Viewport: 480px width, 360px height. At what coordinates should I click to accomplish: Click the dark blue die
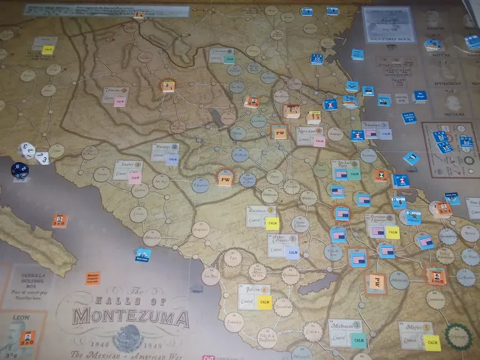(17, 169)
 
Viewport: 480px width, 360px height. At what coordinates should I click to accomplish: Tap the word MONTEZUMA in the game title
(131, 317)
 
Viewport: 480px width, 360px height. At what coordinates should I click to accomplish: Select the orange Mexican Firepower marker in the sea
(93, 278)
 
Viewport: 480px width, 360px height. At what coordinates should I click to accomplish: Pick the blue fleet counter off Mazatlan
(143, 254)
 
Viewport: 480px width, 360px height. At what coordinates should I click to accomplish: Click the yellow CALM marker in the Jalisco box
(264, 301)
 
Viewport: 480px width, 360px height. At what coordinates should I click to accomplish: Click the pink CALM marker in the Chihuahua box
(120, 101)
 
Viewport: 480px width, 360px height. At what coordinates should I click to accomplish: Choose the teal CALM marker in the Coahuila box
(228, 59)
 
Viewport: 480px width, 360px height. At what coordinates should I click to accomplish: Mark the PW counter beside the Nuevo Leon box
(279, 132)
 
